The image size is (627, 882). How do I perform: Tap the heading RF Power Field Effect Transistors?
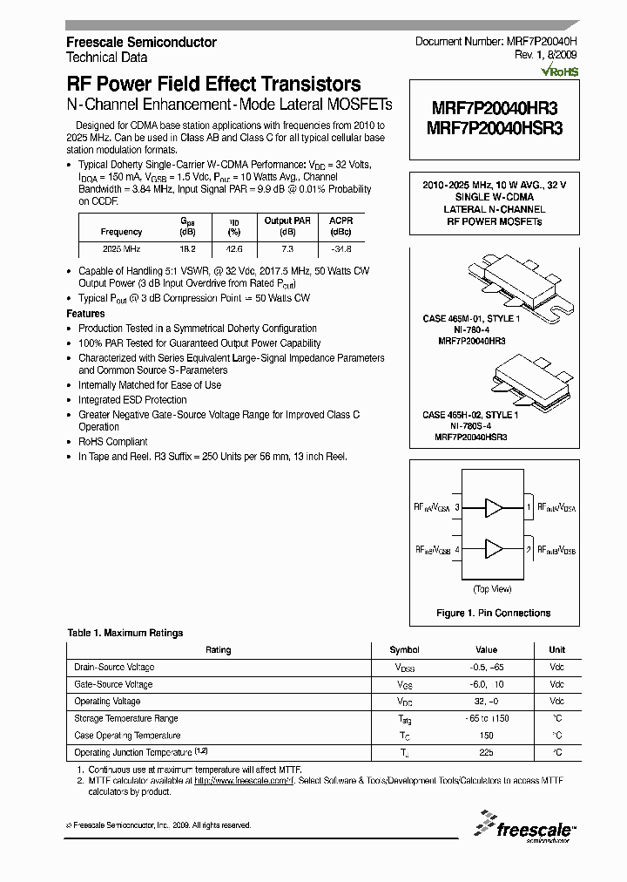213,85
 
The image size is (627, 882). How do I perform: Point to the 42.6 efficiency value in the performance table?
233,249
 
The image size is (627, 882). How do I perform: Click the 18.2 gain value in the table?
187,249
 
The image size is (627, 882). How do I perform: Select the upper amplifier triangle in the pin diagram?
494,505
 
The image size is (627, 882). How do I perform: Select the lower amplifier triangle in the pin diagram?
494,549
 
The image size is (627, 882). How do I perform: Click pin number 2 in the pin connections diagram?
529,550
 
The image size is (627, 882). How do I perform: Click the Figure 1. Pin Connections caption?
493,613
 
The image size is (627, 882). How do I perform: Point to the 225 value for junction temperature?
486,752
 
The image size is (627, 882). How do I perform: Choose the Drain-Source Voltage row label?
114,667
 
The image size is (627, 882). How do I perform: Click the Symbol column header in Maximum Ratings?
404,649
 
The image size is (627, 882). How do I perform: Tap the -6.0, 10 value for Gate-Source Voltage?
486,684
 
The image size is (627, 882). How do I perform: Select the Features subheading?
85,313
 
